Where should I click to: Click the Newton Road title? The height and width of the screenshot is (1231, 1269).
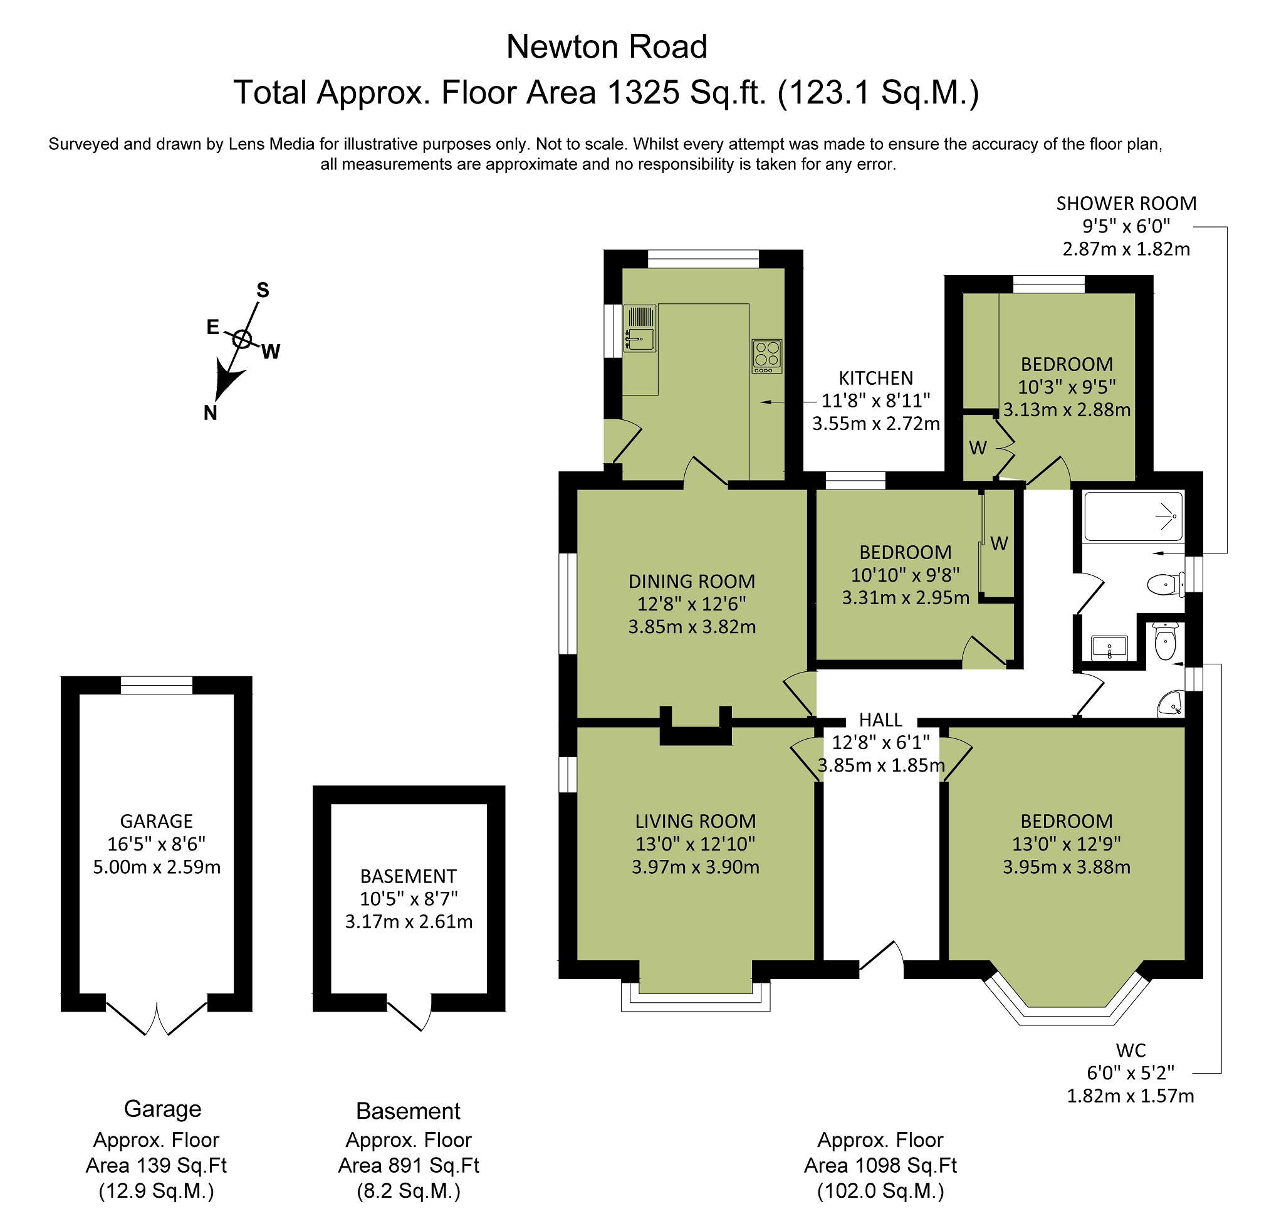(x=607, y=46)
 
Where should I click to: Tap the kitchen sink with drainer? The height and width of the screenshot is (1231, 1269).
(x=640, y=328)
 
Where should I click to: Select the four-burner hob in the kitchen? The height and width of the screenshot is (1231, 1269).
(x=767, y=356)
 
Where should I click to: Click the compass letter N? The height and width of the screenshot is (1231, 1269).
(x=210, y=412)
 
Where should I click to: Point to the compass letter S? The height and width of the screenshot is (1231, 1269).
(x=262, y=290)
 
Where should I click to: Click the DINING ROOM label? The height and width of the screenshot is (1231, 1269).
(x=691, y=582)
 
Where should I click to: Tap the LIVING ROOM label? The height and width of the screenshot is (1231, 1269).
(x=696, y=821)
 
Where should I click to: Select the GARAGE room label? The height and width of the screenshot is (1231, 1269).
(x=157, y=821)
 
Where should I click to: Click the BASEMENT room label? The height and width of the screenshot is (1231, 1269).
(x=409, y=876)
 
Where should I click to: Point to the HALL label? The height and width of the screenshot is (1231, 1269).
(x=880, y=720)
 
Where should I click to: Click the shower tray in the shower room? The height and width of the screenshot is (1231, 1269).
(x=1134, y=516)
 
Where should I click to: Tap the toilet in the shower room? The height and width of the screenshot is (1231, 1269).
(x=1166, y=585)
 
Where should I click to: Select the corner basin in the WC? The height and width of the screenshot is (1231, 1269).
(x=1171, y=704)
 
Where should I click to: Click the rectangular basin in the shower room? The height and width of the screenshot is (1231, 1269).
(x=1109, y=647)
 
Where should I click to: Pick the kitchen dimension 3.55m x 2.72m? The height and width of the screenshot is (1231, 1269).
(x=876, y=424)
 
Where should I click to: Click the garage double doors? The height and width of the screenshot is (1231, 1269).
(x=157, y=1018)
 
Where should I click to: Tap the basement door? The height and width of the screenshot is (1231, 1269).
(x=410, y=1012)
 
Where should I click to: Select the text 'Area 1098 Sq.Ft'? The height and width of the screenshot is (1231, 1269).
(x=880, y=1166)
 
